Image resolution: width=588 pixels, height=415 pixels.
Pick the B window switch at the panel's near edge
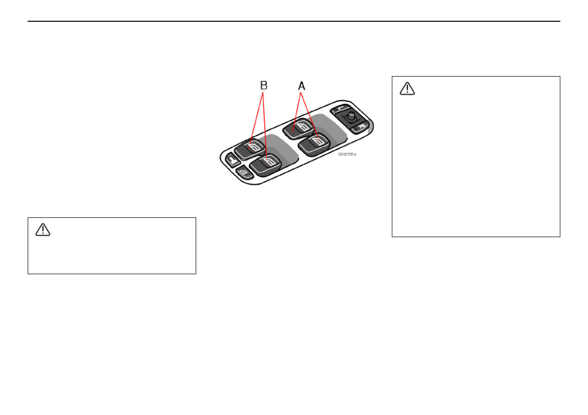click(x=267, y=164)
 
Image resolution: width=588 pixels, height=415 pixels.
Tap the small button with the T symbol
click(x=231, y=159)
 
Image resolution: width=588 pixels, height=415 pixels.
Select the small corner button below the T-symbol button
click(x=243, y=171)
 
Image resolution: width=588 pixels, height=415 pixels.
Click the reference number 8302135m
click(x=347, y=154)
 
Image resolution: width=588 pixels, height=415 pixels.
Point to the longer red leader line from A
click(x=308, y=119)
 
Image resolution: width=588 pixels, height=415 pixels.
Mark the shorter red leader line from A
click(x=296, y=110)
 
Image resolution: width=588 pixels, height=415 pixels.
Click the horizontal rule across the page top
click(x=294, y=21)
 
